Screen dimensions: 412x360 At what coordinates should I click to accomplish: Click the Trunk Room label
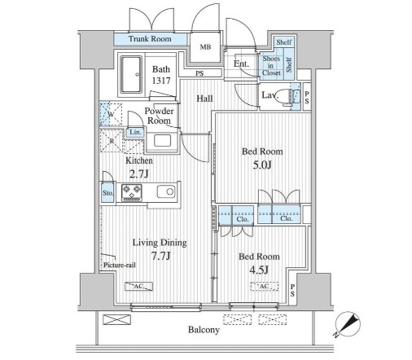(150, 39)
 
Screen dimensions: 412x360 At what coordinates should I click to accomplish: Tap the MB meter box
(205, 47)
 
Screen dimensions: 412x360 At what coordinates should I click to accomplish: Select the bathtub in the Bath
(131, 75)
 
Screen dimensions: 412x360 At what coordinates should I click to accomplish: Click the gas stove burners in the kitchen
(132, 192)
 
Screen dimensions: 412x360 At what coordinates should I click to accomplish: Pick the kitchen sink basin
(166, 191)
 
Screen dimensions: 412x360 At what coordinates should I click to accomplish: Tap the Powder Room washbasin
(162, 141)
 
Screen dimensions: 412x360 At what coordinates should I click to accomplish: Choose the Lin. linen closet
(135, 132)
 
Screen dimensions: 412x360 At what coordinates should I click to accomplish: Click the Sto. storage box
(107, 192)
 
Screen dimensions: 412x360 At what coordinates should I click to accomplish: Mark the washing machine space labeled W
(111, 114)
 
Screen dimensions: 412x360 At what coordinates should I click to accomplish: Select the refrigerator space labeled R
(112, 141)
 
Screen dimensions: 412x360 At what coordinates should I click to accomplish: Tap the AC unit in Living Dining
(138, 287)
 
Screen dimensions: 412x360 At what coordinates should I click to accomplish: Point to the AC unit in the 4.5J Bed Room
(265, 287)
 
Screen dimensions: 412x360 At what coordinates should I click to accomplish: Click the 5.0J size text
(262, 165)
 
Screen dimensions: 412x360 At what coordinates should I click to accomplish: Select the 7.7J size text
(161, 256)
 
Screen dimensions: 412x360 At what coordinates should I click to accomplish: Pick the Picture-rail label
(120, 265)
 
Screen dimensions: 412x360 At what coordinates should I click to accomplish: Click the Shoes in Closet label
(271, 66)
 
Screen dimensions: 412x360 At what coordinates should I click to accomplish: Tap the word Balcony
(204, 330)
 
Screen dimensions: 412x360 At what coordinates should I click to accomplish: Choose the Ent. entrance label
(241, 64)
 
